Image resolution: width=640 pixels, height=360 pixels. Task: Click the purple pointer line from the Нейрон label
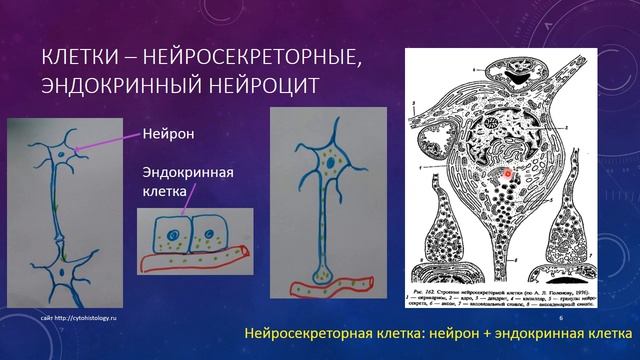[109, 142]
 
